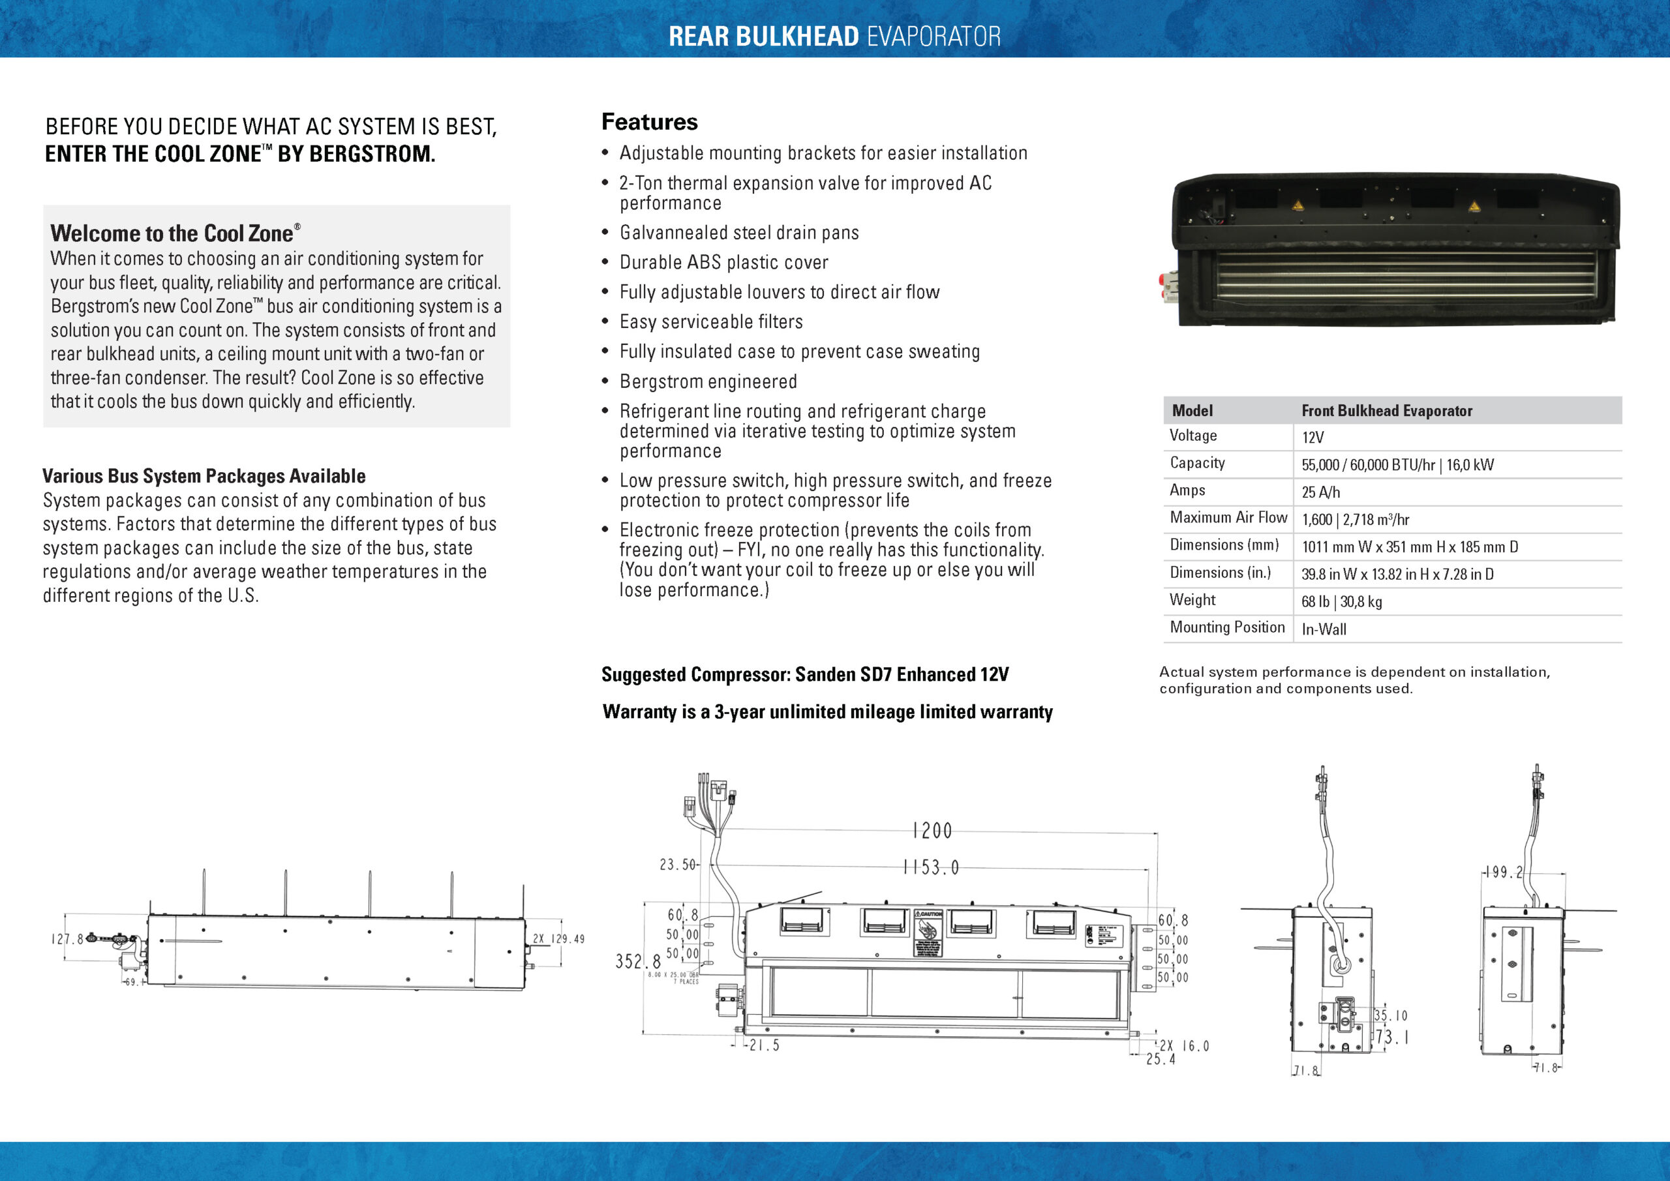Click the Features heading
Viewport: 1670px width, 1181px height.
[x=649, y=122]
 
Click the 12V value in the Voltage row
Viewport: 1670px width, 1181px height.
[x=1313, y=438]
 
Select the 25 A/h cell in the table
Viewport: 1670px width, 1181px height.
[x=1320, y=492]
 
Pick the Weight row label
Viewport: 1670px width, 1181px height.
[x=1192, y=600]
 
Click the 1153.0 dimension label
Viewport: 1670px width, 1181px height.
[x=931, y=867]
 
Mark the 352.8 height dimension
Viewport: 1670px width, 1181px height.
[x=637, y=961]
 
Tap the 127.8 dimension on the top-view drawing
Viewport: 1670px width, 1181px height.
[x=68, y=939]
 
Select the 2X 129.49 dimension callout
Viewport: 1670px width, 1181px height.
[x=558, y=939]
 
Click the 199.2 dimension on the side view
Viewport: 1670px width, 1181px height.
[x=1504, y=872]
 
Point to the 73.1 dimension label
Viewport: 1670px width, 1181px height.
[x=1391, y=1037]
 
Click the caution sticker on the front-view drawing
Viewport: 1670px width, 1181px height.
[x=928, y=933]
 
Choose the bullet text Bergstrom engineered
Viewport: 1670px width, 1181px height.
[x=708, y=381]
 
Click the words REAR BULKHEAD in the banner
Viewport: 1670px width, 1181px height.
[x=763, y=37]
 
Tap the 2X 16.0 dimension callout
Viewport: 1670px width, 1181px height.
[x=1183, y=1047]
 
